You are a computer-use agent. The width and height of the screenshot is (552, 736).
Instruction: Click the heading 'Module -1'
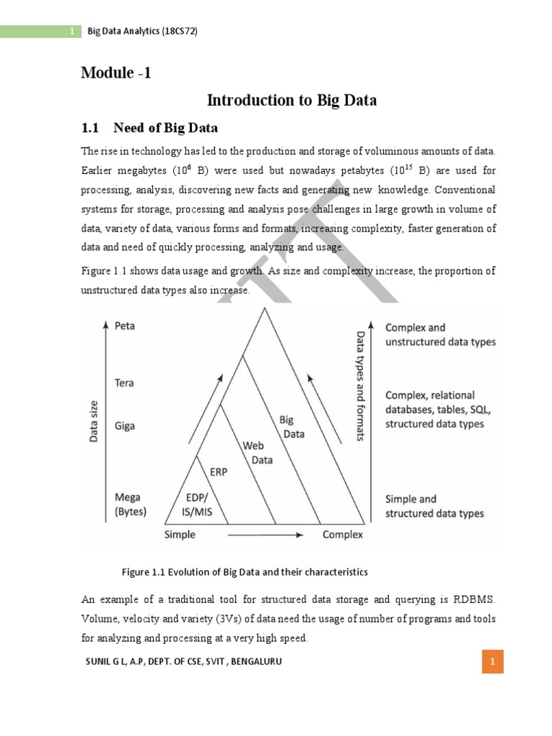tap(116, 73)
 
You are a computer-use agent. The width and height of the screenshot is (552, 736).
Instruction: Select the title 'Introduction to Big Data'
tap(291, 100)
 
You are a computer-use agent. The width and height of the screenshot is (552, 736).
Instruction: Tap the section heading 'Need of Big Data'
tap(165, 128)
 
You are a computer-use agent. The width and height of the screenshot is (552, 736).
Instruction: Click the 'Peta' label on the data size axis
tap(124, 326)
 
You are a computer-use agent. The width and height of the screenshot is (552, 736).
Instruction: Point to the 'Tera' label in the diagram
tap(124, 383)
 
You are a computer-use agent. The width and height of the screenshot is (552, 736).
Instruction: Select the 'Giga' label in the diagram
tap(124, 425)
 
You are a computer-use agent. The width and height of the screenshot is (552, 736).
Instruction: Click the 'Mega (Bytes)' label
tap(130, 505)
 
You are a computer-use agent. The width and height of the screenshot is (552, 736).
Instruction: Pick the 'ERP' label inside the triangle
tap(219, 472)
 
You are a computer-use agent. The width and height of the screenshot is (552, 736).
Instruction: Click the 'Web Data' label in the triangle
tap(257, 453)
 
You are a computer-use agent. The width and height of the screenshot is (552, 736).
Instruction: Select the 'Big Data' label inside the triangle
tap(290, 427)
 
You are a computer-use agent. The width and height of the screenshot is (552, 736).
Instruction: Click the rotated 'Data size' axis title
tap(94, 420)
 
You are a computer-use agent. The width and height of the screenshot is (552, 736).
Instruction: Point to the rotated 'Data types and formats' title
tap(362, 386)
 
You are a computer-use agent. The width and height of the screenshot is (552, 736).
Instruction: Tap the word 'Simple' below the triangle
tap(180, 535)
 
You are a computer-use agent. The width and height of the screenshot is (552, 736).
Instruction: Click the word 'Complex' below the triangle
tap(342, 535)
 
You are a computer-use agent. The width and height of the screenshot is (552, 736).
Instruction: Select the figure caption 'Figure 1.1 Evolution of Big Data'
tap(244, 572)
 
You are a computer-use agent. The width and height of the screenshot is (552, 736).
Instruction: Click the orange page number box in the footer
tap(492, 661)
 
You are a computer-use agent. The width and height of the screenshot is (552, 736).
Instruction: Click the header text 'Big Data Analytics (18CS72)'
tap(142, 32)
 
